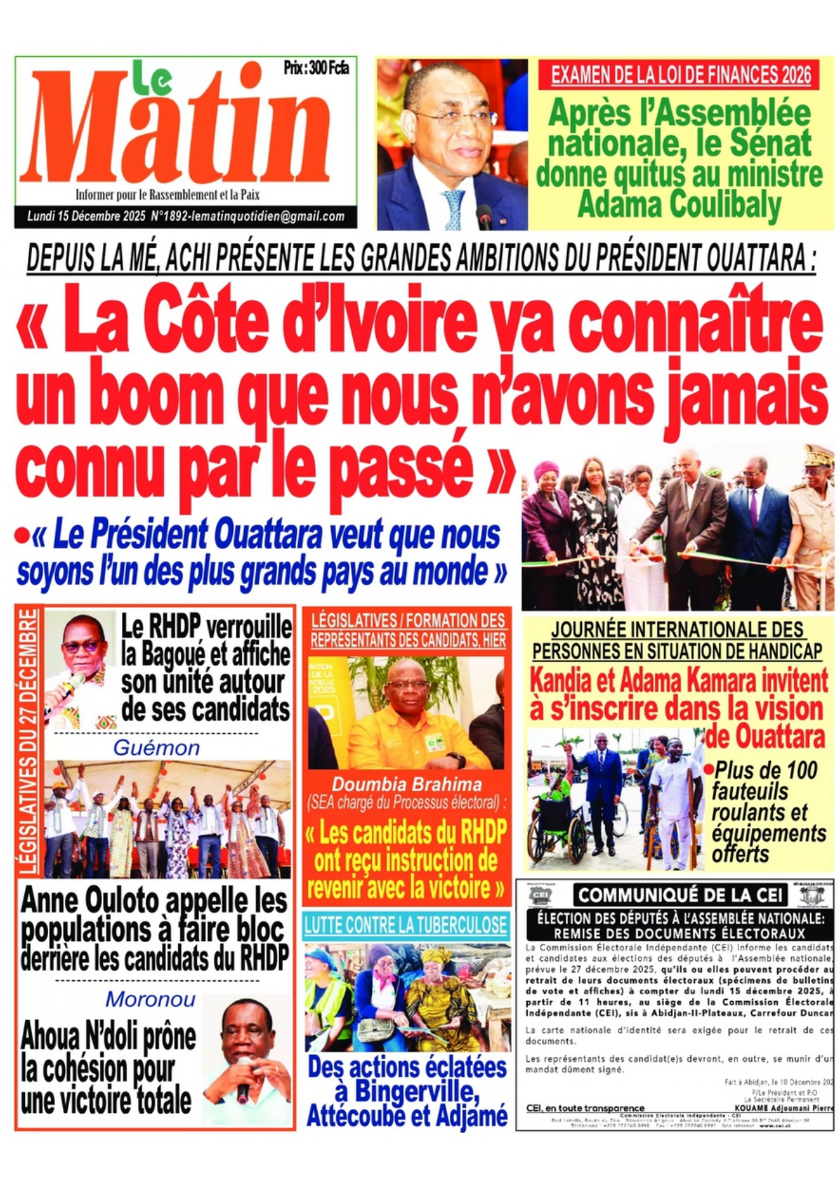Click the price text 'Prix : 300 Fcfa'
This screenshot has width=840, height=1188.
click(x=316, y=68)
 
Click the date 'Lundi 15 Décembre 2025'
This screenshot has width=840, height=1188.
click(x=86, y=217)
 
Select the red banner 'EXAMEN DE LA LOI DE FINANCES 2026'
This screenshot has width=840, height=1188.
click(x=680, y=75)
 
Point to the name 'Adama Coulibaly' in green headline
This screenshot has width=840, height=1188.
click(x=679, y=205)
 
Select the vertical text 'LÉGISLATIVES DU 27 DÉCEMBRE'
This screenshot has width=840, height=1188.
click(x=28, y=741)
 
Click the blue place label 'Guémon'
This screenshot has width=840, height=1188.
click(x=156, y=748)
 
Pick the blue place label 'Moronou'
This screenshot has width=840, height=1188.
click(x=150, y=999)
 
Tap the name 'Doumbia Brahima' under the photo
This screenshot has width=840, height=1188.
click(x=406, y=785)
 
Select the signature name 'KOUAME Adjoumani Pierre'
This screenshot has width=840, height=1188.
click(x=783, y=1109)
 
